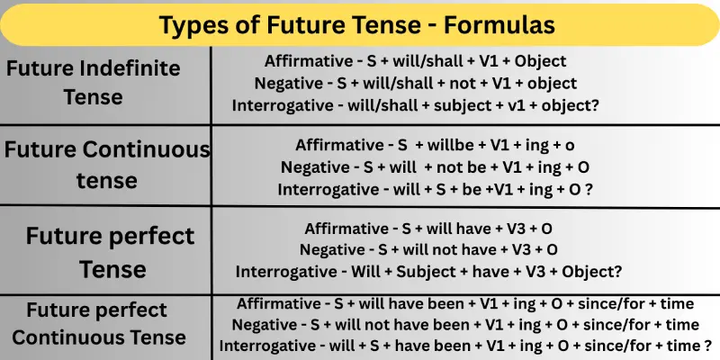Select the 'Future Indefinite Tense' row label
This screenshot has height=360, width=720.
pyautogui.click(x=94, y=82)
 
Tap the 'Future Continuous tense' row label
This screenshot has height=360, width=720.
pyautogui.click(x=106, y=165)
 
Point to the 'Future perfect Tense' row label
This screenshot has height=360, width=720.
pyautogui.click(x=110, y=252)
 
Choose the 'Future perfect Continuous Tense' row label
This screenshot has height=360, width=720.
pyautogui.click(x=99, y=324)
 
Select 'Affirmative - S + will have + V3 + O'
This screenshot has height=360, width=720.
pyautogui.click(x=429, y=228)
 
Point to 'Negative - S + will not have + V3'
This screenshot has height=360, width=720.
pyautogui.click(x=429, y=249)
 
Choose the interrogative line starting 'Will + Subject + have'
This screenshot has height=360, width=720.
pyautogui.click(x=429, y=271)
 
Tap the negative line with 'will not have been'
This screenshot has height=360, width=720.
pyautogui.click(x=465, y=324)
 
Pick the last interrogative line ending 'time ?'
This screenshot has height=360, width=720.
pyautogui.click(x=465, y=346)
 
